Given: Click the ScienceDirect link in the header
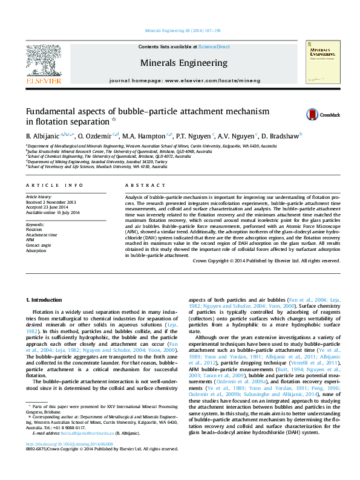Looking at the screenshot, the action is point(214,47).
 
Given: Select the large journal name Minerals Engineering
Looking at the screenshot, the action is point(184,63).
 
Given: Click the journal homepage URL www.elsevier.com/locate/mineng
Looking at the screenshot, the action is point(212,80).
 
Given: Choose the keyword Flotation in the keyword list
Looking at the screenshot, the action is point(34,230).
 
